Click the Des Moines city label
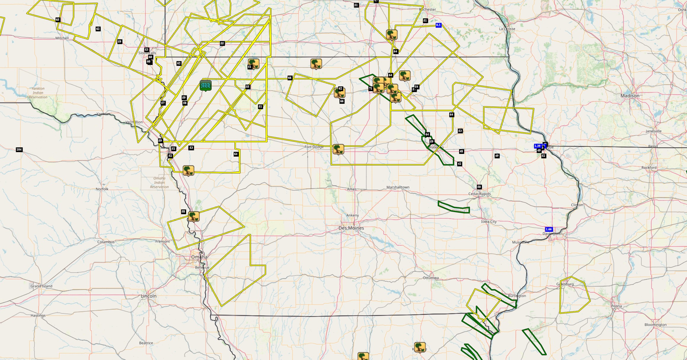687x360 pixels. [x=351, y=228]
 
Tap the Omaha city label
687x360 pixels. [x=199, y=257]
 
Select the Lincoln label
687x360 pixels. [x=148, y=296]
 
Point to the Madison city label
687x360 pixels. [x=630, y=96]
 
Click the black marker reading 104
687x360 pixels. [x=19, y=149]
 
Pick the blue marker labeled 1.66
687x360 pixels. [x=549, y=229]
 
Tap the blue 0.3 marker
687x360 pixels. [x=438, y=25]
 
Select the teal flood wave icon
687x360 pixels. [x=206, y=86]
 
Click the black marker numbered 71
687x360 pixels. [x=370, y=88]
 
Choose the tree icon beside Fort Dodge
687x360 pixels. [x=338, y=149]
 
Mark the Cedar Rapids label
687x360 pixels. [x=480, y=194]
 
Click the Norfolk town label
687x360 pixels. [x=102, y=189]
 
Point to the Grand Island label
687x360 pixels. [x=41, y=286]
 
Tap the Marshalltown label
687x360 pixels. [x=398, y=187]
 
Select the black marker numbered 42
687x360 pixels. [x=459, y=164]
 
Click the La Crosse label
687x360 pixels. [x=507, y=29]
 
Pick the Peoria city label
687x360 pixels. [x=616, y=306]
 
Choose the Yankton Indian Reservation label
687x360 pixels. [x=38, y=93]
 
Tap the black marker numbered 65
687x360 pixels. [x=58, y=20]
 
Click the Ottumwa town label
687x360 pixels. [x=431, y=278]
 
